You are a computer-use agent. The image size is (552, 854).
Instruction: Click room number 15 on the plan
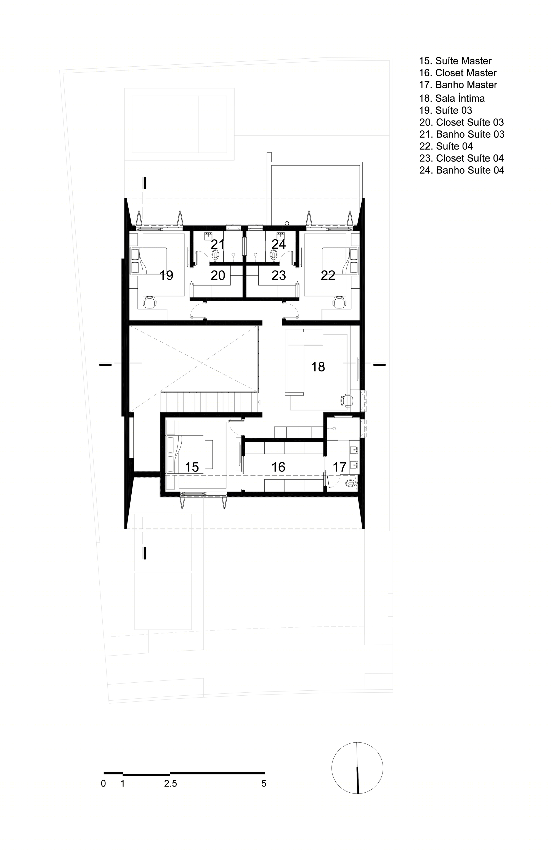(x=192, y=467)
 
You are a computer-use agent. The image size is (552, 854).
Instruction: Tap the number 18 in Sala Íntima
(x=318, y=366)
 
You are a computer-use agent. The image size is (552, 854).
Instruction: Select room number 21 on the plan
(x=217, y=244)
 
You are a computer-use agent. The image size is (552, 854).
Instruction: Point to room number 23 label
(x=278, y=275)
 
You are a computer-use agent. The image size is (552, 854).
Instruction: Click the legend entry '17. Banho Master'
(x=458, y=85)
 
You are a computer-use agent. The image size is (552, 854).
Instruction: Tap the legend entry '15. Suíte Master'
(x=455, y=61)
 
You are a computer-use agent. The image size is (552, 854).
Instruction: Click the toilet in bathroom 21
(x=216, y=255)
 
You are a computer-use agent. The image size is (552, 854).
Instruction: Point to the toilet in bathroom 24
(x=274, y=255)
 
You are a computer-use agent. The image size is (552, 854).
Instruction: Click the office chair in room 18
(x=346, y=401)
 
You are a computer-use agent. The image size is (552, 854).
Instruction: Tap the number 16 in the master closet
(x=278, y=467)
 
